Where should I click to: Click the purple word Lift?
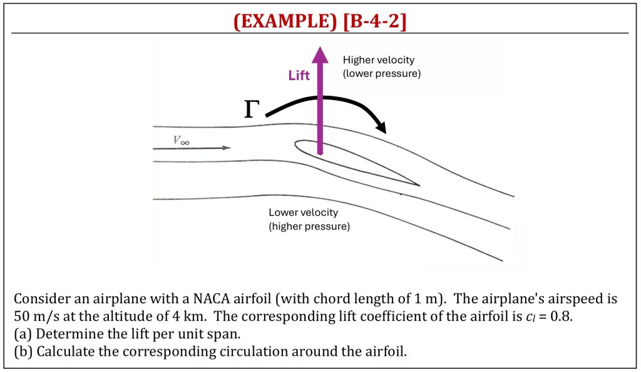(x=299, y=75)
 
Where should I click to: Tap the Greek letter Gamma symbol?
(x=252, y=109)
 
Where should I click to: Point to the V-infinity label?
(x=181, y=141)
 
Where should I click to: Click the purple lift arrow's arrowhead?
(x=320, y=55)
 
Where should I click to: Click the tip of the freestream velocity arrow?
(x=230, y=148)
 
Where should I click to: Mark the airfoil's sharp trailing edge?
(x=419, y=186)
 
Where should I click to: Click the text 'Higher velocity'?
(x=379, y=60)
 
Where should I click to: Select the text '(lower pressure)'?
(x=382, y=74)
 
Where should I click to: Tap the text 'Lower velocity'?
(x=304, y=213)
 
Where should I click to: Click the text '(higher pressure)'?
(x=309, y=226)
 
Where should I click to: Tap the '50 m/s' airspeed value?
(x=36, y=316)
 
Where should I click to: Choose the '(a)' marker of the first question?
(x=23, y=334)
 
